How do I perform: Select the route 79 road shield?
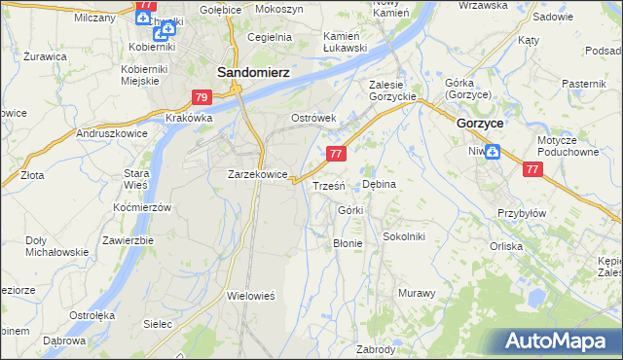(x=202, y=97)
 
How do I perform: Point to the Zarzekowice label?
(x=257, y=175)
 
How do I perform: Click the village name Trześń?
(x=328, y=185)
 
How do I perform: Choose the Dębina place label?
(x=379, y=184)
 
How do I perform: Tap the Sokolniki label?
(x=404, y=236)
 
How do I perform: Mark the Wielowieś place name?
(x=252, y=294)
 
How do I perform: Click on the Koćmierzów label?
(x=142, y=208)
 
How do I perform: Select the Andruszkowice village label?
(x=111, y=133)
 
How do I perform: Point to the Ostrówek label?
(x=313, y=118)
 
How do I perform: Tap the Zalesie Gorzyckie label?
(x=392, y=90)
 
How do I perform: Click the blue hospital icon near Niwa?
(x=493, y=151)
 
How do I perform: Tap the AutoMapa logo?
(x=560, y=342)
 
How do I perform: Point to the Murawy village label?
(x=416, y=293)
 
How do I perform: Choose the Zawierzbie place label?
(x=128, y=240)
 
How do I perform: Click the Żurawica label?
(x=46, y=56)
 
